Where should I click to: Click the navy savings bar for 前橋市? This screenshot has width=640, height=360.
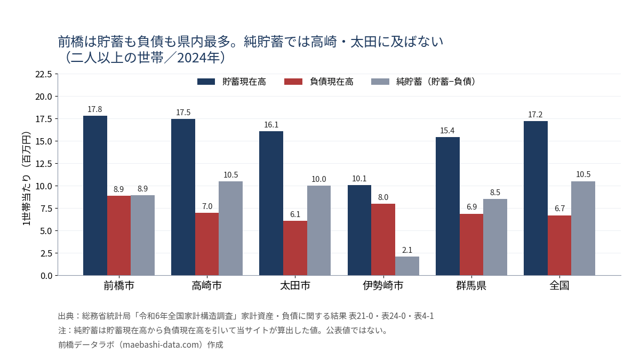[95, 195]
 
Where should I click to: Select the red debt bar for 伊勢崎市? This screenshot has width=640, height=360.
[383, 239]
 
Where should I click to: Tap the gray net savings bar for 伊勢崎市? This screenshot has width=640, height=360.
[407, 266]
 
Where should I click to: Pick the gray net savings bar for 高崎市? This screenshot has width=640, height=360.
[230, 228]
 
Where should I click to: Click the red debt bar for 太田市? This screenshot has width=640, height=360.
[295, 248]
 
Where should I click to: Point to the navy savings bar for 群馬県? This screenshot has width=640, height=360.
[447, 206]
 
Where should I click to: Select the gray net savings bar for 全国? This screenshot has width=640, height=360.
[583, 228]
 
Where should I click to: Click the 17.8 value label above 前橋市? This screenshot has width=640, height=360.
[95, 109]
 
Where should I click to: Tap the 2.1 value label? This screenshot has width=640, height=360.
[407, 250]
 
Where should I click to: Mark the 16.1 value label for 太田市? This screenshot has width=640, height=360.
[271, 125]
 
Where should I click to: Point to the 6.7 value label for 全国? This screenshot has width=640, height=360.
[559, 209]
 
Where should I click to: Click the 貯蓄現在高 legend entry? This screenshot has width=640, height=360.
[231, 82]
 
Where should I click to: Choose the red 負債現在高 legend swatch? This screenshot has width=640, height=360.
[293, 82]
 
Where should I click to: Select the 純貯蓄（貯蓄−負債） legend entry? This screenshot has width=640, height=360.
[423, 82]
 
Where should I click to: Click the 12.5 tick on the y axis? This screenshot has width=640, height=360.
[44, 164]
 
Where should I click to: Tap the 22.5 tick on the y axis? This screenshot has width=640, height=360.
[44, 74]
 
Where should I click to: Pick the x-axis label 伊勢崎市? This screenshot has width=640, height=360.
[383, 285]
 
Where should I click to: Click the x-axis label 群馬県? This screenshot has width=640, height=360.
[471, 285]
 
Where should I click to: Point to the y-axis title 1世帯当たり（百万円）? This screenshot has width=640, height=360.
[26, 179]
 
